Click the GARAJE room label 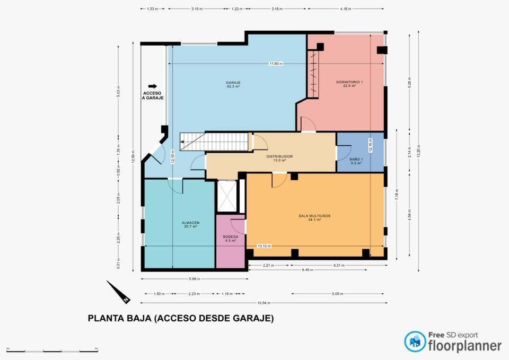point(233,83)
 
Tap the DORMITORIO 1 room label point(349,82)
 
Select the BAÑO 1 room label point(356,160)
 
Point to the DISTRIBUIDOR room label point(279,157)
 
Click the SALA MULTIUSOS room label point(315,216)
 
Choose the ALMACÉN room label point(190,223)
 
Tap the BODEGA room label point(230,237)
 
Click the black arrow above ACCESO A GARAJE point(153,86)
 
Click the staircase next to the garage point(214,142)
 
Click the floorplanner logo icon point(415,341)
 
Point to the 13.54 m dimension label point(264,303)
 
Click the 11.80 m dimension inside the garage point(276,64)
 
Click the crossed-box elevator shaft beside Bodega point(227,197)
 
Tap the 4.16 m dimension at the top point(345,9)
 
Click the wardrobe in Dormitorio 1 point(313,74)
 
